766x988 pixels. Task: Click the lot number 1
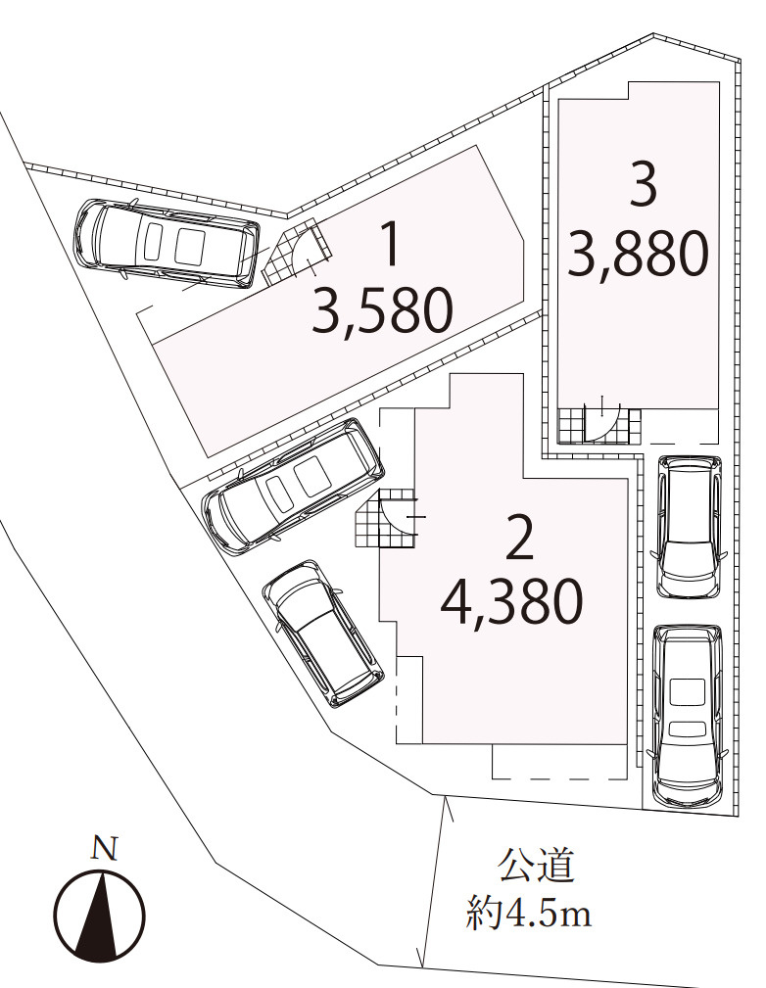pos(391,245)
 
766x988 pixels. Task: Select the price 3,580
pos(383,310)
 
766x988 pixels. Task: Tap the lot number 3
pos(643,184)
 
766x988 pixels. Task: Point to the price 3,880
pos(638,254)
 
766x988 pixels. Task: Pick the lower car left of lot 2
pos(321,633)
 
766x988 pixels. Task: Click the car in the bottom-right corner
pos(689,715)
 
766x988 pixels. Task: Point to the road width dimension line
pos(433,880)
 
